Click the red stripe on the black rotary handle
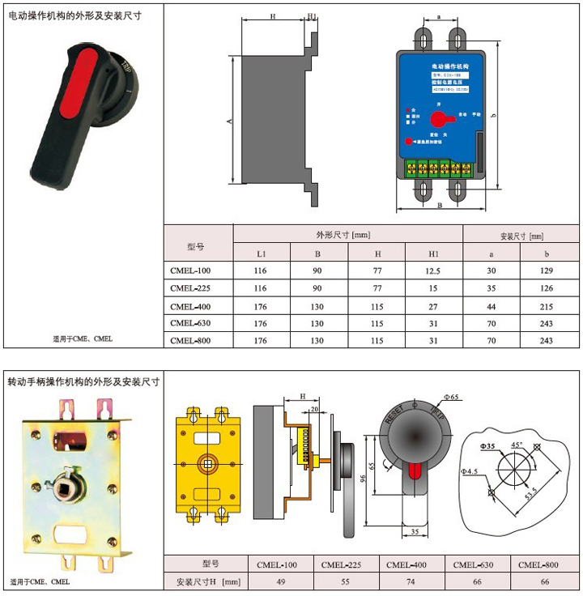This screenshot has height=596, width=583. click(x=83, y=77)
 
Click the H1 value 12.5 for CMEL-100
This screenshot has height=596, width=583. click(x=433, y=270)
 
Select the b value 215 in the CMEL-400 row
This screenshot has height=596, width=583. click(x=547, y=305)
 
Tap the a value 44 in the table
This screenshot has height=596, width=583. click(x=491, y=305)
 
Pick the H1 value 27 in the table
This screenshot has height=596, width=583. click(x=433, y=305)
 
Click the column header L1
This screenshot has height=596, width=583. click(x=262, y=253)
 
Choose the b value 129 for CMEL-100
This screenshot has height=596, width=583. click(x=547, y=270)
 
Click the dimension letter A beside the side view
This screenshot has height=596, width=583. click(x=229, y=121)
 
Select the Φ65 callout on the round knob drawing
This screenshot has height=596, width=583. click(x=451, y=397)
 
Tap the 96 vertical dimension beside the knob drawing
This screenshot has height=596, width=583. click(x=364, y=477)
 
